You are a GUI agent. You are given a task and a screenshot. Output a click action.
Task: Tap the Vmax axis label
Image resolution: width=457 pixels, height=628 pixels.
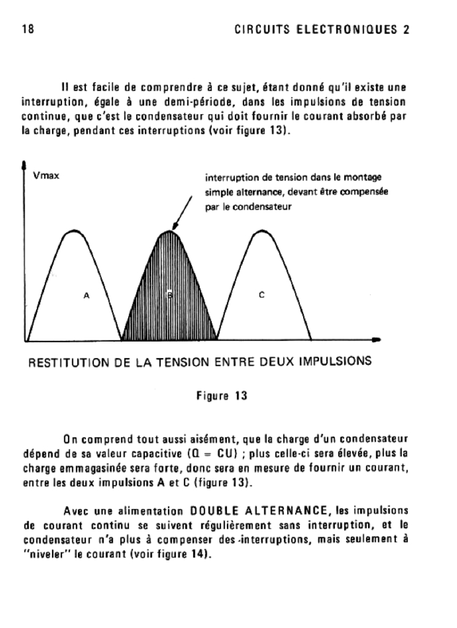click(46, 178)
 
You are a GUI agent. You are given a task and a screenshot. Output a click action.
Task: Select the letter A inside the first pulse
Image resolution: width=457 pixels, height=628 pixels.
click(86, 296)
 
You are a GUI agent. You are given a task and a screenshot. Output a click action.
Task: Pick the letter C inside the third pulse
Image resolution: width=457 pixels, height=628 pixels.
click(261, 296)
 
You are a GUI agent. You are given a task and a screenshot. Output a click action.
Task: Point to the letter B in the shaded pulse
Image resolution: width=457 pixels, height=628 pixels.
click(170, 296)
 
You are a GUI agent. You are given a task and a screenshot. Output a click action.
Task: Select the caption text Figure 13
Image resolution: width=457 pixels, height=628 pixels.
click(221, 396)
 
